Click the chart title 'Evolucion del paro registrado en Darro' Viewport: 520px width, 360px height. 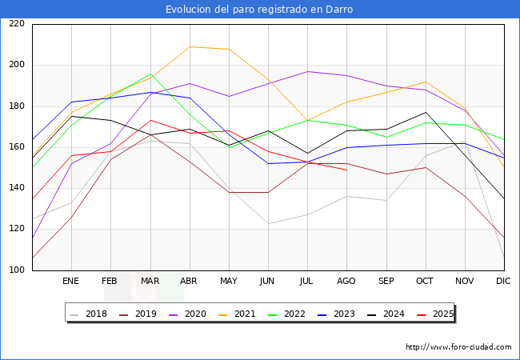coord(259,10)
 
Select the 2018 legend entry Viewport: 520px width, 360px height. coord(89,314)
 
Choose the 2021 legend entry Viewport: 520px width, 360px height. coord(237,314)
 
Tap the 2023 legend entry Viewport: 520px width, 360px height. coord(336,314)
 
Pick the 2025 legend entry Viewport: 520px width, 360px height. coord(435,314)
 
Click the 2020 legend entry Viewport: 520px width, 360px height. coord(187,314)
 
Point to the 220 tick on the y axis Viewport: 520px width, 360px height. coord(17,23)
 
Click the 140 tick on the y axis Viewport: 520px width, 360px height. coord(17,188)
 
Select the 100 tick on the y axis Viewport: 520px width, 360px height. coord(17,270)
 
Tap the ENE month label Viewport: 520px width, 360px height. coord(70,281)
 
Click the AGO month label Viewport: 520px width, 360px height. coord(346,281)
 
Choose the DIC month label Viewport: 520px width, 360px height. coord(503,281)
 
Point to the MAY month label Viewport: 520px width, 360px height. coord(229,281)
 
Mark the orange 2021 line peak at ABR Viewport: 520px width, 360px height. coord(190,46)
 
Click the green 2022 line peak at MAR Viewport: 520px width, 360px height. coord(150,74)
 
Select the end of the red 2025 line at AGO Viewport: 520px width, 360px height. coord(347,170)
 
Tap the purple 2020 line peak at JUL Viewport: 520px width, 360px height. coord(308,72)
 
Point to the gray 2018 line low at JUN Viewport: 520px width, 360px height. coord(268,223)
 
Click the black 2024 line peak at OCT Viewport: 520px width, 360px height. coord(426,112)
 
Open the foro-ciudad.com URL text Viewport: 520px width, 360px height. coord(458,347)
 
